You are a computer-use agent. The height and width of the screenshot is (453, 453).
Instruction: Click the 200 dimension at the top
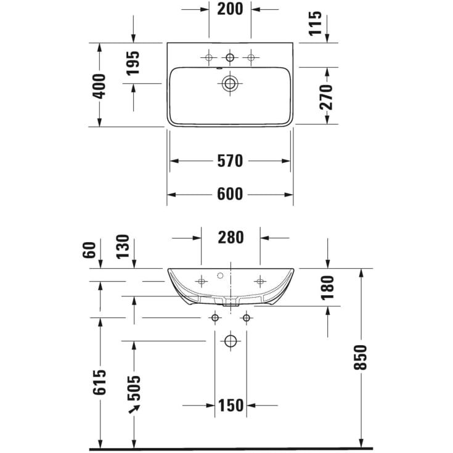[230, 9]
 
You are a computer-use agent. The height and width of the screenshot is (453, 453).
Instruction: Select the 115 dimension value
[316, 23]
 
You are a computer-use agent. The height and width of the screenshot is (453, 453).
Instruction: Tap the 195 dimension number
[133, 63]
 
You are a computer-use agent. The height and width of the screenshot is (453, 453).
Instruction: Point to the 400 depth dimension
[99, 85]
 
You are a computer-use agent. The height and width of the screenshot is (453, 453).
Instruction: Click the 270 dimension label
[326, 96]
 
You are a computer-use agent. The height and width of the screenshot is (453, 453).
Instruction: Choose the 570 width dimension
[230, 161]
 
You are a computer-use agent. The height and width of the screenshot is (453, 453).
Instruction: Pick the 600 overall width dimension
[230, 194]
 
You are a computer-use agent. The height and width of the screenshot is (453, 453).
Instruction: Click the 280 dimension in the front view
[231, 237]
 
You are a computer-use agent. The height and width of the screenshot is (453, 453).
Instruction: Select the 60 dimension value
[89, 250]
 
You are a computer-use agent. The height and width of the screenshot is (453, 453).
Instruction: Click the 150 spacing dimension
[231, 405]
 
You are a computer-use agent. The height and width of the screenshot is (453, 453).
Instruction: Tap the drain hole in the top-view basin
[231, 84]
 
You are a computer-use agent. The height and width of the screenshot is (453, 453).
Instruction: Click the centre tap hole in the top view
[231, 58]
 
